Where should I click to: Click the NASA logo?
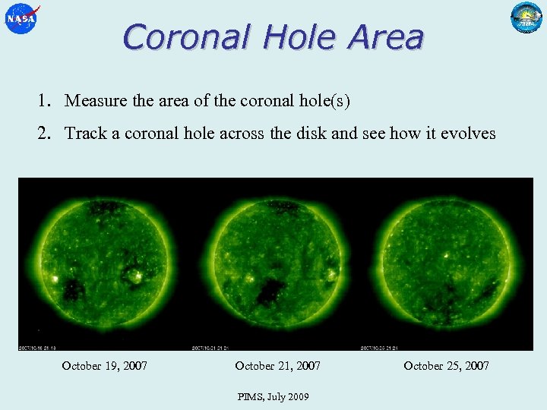[x=21, y=18]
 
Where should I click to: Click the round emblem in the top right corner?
[x=526, y=18]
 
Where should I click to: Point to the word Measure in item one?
[x=96, y=100]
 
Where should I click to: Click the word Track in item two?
[x=85, y=134]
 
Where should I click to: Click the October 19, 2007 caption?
[x=105, y=366]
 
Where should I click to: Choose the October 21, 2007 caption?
[x=278, y=366]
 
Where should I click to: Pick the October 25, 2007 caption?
[x=447, y=366]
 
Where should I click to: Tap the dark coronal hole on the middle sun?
[x=270, y=290]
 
